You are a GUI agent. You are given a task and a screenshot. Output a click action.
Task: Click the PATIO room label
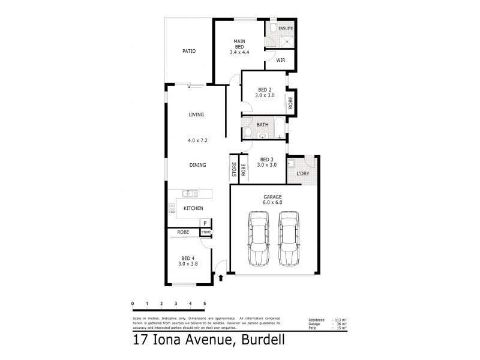tap(190, 51)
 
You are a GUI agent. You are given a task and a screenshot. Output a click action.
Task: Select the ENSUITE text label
tap(286, 28)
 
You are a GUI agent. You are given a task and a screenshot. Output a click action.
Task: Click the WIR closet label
tap(280, 60)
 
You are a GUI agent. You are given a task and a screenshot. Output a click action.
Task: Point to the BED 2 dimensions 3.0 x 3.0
tap(265, 95)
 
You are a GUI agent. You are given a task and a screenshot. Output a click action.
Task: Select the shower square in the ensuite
tap(287, 41)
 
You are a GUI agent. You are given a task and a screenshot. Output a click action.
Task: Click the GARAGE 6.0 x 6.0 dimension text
tap(272, 202)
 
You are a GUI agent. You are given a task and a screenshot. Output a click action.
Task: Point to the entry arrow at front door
tap(221, 278)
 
